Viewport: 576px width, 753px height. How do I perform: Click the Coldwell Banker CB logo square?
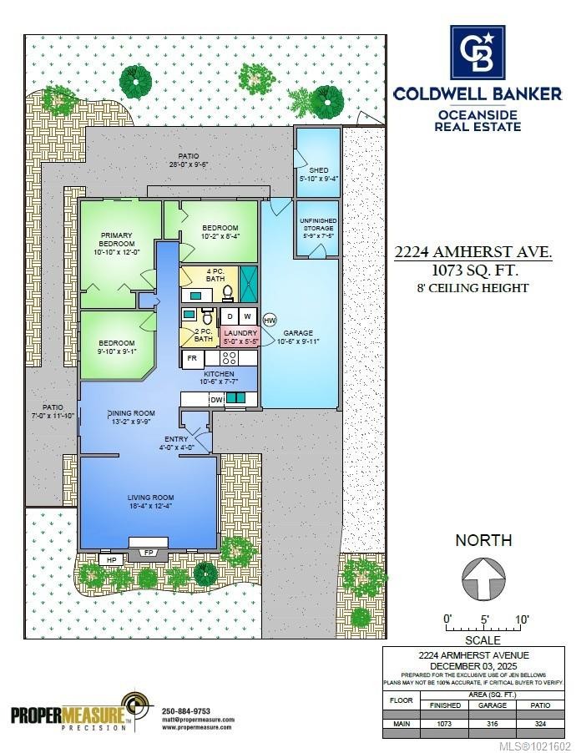coord(477,53)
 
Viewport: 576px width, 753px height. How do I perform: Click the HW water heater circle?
coord(270,320)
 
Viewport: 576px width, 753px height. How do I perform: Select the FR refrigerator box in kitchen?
coord(193,358)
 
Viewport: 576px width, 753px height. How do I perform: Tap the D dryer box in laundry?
coord(230,317)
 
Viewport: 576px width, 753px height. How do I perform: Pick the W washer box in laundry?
coord(248,317)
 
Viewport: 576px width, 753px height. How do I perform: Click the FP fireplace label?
coord(149,552)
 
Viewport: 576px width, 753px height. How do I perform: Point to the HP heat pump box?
coord(110,558)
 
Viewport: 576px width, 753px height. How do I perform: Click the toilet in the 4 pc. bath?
coord(227,293)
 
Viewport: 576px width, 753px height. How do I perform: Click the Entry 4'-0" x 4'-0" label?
coord(176,442)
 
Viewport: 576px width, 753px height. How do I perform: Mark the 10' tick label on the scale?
coord(522,619)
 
